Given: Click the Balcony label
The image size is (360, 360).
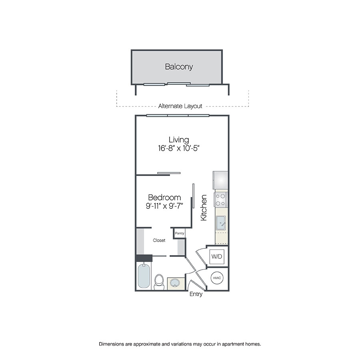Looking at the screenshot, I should pyautogui.click(x=179, y=67).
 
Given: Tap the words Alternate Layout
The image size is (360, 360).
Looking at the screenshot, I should pyautogui.click(x=180, y=106).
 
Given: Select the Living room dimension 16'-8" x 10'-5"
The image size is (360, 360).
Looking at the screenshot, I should pyautogui.click(x=178, y=148).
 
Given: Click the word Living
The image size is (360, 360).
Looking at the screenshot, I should pyautogui.click(x=178, y=140).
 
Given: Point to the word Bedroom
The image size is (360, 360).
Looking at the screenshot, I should pyautogui.click(x=164, y=198).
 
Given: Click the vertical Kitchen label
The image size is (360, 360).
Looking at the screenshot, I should pyautogui.click(x=204, y=208).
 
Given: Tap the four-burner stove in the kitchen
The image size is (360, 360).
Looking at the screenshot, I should pyautogui.click(x=221, y=199).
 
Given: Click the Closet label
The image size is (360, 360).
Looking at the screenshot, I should pyautogui.click(x=159, y=240).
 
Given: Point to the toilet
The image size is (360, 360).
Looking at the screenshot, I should pyautogui.click(x=159, y=281).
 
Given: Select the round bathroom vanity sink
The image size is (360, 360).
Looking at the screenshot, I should pyautogui.click(x=175, y=283).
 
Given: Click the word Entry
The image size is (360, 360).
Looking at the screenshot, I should pyautogui.click(x=196, y=295).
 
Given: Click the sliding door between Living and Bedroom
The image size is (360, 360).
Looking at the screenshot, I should pyautogui.click(x=169, y=173).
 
